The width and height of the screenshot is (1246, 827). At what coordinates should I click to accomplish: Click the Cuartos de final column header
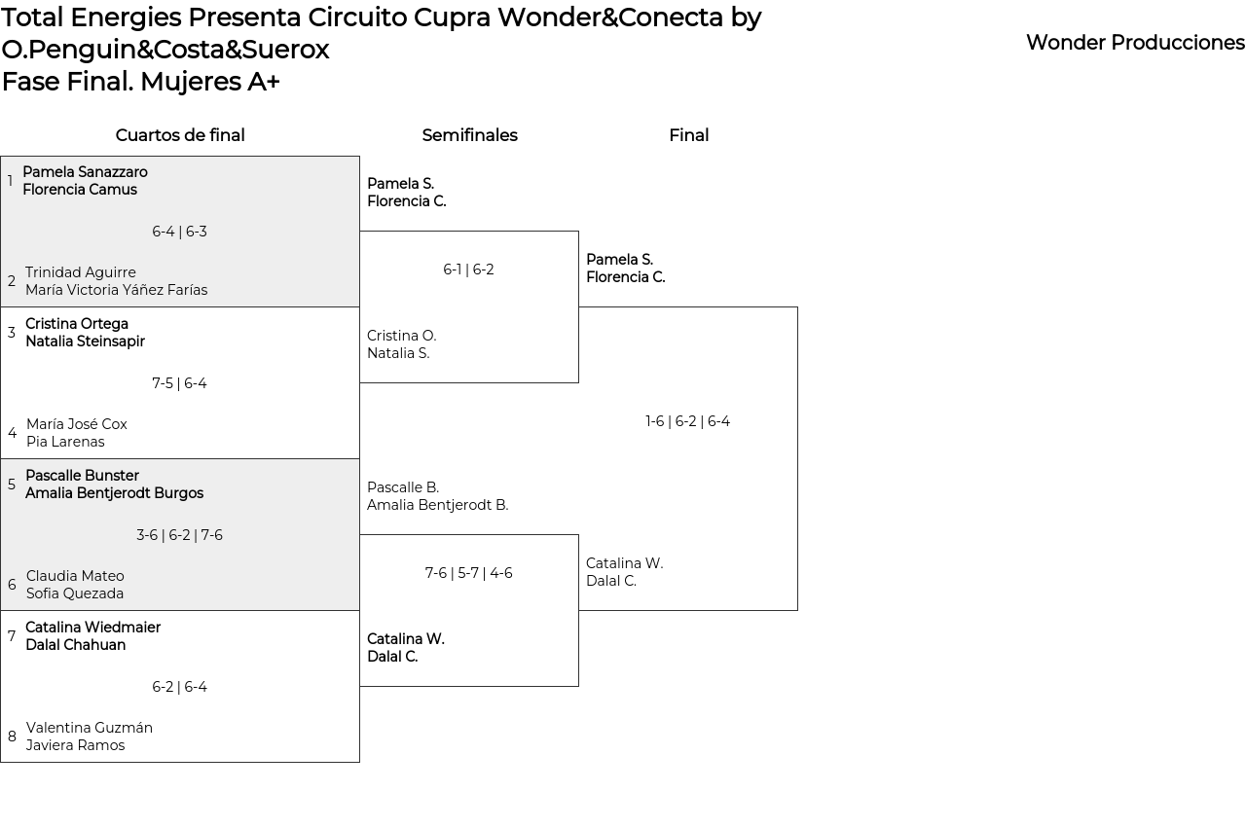180,135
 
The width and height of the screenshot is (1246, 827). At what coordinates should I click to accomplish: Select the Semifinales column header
469,135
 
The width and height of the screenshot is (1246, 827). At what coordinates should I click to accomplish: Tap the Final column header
688,135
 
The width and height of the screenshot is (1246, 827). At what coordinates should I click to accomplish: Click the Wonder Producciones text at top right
1135,43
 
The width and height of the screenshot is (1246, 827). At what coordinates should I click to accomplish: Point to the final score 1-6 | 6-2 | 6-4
687,421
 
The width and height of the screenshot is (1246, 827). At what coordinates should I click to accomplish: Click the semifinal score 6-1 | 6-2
468,270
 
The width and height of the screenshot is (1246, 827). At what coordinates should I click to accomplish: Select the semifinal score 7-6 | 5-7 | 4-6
468,573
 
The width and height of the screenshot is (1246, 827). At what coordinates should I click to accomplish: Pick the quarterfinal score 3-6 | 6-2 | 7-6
179,535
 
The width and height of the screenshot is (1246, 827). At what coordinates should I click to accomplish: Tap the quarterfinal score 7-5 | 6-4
179,383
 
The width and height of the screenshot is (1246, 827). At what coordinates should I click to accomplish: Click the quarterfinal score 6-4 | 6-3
179,232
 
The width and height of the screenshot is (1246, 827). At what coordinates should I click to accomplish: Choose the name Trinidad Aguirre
81,272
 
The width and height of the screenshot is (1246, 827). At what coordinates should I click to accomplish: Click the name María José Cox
77,424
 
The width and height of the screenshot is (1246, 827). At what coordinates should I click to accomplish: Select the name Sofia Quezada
75,593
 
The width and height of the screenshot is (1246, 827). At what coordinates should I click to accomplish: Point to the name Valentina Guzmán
90,728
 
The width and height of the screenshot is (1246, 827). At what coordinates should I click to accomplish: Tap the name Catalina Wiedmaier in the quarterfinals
92,628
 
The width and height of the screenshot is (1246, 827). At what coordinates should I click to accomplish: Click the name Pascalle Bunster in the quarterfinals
82,476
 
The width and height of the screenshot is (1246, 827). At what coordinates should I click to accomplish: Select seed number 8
12,737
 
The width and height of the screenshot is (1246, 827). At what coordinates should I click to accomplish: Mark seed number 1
10,181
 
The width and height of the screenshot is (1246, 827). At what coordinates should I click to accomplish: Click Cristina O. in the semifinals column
401,336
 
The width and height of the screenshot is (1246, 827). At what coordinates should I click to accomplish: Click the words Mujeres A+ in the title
209,82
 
